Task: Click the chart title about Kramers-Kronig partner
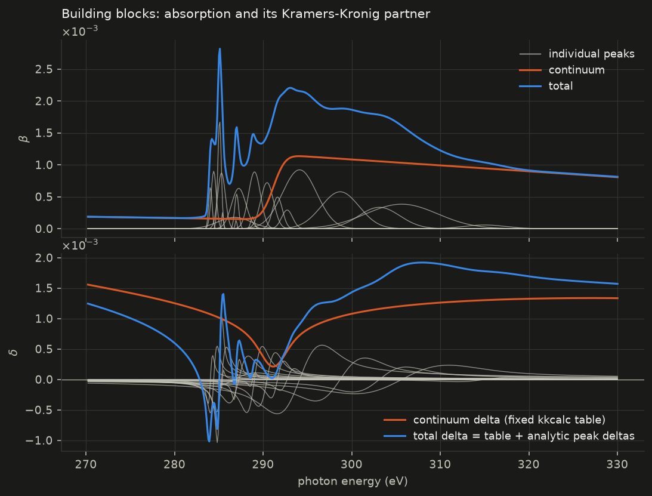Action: pyautogui.click(x=246, y=14)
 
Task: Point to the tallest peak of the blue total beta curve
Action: pyautogui.click(x=220, y=49)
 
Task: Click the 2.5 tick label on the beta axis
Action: pyautogui.click(x=44, y=69)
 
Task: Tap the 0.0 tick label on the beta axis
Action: pyautogui.click(x=44, y=229)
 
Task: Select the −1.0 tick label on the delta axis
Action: pyautogui.click(x=39, y=440)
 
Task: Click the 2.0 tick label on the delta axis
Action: pyautogui.click(x=44, y=258)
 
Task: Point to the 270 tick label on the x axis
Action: pyautogui.click(x=86, y=464)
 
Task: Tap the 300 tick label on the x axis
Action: pyautogui.click(x=352, y=464)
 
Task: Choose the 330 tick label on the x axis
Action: pyautogui.click(x=617, y=464)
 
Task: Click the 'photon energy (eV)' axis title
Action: pyautogui.click(x=353, y=482)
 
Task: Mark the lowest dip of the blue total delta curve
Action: pyautogui.click(x=209, y=440)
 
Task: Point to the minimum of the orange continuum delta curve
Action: pyautogui.click(x=273, y=366)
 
